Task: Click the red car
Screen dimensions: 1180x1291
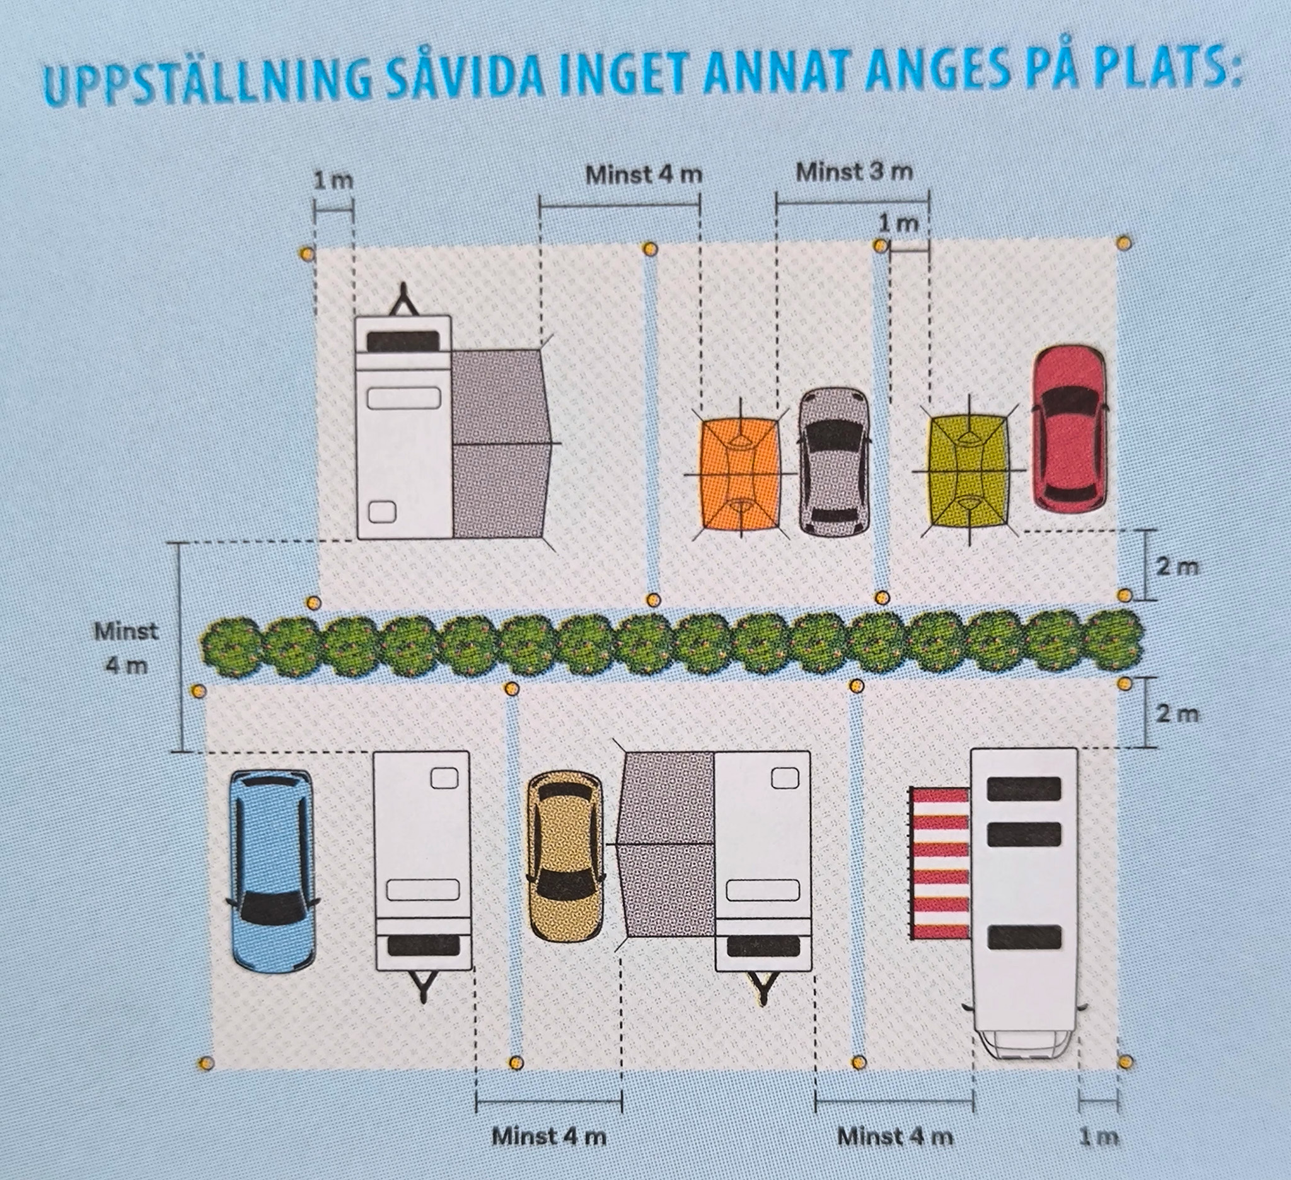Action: coord(1070,429)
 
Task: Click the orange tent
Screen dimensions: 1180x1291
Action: coord(741,475)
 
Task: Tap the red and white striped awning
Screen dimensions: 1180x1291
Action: coord(940,864)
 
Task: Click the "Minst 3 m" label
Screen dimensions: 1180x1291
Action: coord(854,171)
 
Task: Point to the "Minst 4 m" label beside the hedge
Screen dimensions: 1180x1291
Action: coord(126,648)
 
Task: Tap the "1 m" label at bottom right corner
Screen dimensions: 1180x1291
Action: coord(1099,1137)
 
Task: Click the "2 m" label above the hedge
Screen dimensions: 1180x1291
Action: coord(1177,567)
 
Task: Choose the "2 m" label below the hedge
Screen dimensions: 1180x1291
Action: coord(1177,714)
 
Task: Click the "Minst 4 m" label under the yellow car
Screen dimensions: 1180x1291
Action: coord(549,1137)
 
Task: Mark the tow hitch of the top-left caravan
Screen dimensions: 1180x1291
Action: coord(404,300)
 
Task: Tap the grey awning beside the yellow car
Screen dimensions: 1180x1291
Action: coord(668,845)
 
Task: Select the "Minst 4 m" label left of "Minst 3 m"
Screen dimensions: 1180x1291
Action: coord(644,175)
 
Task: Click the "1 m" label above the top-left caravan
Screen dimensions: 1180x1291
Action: coord(333,180)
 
